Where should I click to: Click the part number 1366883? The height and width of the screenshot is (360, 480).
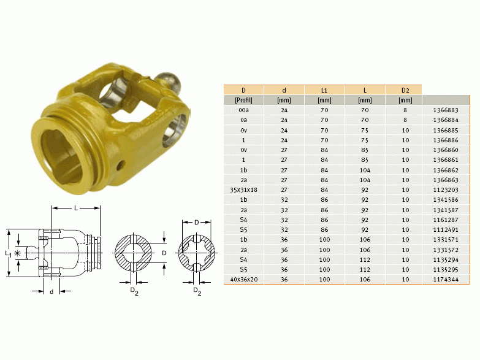(x=446, y=110)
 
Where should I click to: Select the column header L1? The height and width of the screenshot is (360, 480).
(x=324, y=90)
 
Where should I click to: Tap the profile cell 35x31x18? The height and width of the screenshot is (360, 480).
(x=243, y=190)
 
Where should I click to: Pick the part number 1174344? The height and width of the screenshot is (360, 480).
(x=446, y=280)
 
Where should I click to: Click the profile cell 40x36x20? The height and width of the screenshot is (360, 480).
(x=243, y=280)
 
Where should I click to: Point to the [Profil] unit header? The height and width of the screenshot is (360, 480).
(x=243, y=100)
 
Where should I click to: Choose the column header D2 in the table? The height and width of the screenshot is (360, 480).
(x=405, y=90)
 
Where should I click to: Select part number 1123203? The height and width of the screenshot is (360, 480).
(x=446, y=190)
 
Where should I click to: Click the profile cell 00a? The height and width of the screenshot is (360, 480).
(x=243, y=110)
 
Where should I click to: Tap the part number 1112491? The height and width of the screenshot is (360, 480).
(x=446, y=230)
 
